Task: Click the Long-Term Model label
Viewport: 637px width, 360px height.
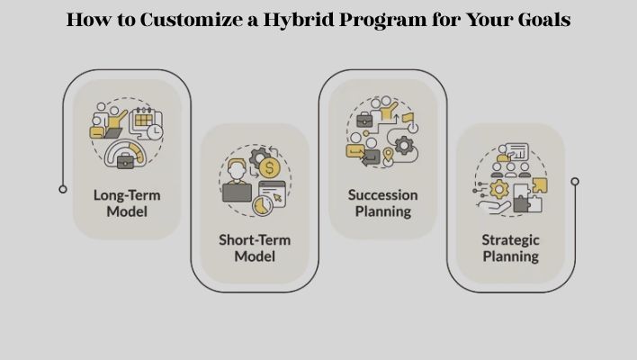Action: click(121, 202)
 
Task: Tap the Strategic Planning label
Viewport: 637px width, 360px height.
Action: click(510, 247)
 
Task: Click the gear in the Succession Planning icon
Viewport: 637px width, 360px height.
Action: click(404, 145)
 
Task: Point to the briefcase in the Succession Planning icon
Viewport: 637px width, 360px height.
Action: click(363, 120)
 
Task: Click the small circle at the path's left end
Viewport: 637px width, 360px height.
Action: click(63, 189)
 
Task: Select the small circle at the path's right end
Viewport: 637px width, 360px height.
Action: click(575, 181)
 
